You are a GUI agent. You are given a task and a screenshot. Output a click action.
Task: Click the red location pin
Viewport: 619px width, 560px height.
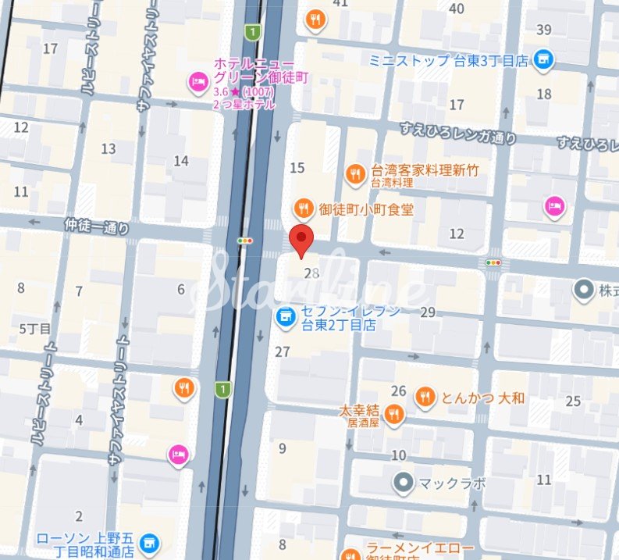pyautogui.click(x=301, y=239)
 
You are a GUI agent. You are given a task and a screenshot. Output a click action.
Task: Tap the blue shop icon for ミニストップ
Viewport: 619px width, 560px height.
pyautogui.click(x=544, y=59)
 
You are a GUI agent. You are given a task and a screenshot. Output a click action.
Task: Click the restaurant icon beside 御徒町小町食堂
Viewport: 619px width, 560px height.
pyautogui.click(x=303, y=209)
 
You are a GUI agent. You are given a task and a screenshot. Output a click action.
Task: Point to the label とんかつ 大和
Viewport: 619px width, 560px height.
pyautogui.click(x=483, y=398)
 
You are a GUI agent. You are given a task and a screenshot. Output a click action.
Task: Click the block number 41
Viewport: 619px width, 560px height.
pyautogui.click(x=340, y=3)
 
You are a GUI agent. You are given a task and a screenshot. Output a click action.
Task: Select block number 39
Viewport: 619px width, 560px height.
pyautogui.click(x=544, y=30)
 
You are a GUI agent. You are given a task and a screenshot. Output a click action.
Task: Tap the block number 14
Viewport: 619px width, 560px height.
pyautogui.click(x=181, y=161)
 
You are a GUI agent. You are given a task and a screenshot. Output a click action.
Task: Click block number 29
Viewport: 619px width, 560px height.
pyautogui.click(x=427, y=312)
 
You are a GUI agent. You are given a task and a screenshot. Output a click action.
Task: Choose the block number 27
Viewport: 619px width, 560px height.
pyautogui.click(x=283, y=351)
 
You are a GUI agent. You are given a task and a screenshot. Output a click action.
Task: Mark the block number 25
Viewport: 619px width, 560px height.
pyautogui.click(x=574, y=401)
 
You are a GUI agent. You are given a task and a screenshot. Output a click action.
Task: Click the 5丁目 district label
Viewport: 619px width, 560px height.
pyautogui.click(x=35, y=328)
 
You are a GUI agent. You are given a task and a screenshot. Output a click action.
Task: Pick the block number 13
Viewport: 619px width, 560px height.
pyautogui.click(x=109, y=148)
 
